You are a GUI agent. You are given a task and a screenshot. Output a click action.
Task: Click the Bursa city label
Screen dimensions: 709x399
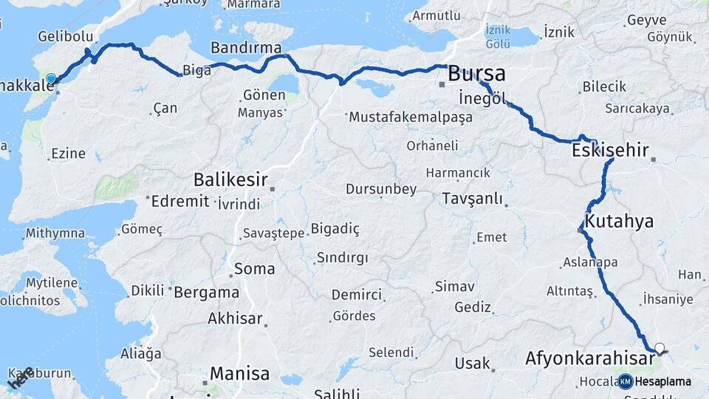point(477,74)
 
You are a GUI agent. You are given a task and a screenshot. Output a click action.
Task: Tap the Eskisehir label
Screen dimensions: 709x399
point(610,151)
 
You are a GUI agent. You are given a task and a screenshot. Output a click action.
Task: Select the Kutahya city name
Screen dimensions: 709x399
point(619,221)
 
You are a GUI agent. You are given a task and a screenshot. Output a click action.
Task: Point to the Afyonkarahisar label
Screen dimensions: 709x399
point(589,360)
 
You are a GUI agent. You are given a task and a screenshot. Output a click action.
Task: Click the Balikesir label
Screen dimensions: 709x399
point(229,180)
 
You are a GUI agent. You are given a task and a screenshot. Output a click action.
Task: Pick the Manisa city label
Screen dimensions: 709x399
point(239,374)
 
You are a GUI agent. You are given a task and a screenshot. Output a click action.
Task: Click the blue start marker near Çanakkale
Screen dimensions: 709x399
point(51,78)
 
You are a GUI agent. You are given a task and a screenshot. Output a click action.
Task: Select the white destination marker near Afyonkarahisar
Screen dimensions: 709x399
point(660,347)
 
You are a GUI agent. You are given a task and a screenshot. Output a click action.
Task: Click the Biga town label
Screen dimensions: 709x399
point(198,71)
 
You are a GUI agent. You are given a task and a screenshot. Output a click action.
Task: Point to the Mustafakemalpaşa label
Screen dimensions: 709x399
point(411,117)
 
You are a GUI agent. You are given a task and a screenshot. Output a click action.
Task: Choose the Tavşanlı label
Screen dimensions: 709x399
point(473,199)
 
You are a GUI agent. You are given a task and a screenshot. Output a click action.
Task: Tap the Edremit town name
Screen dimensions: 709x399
point(180,201)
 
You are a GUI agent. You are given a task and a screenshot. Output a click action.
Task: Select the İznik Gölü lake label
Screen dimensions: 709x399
point(499,38)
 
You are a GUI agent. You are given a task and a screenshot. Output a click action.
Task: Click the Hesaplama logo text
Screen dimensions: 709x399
point(663,382)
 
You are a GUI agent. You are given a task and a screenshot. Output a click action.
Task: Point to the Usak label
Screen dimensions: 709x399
point(473,364)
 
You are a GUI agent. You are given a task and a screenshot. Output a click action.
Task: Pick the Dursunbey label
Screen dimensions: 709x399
point(382,189)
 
